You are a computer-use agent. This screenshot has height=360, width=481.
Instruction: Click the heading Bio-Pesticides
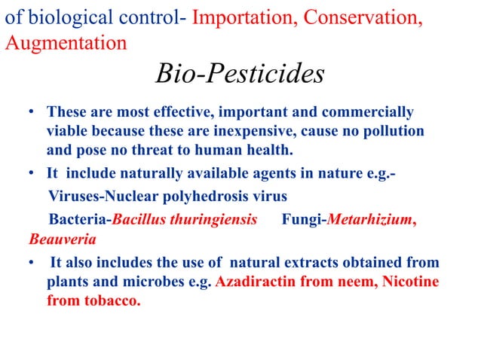coord(240,74)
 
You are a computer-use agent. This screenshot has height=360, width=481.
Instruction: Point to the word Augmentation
coord(66,42)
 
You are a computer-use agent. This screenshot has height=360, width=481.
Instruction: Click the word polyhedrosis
coord(198,197)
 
